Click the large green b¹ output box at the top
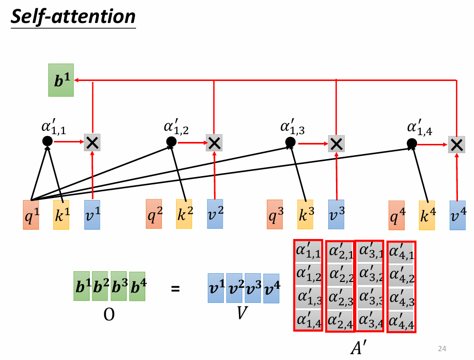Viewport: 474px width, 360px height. pyautogui.click(x=61, y=80)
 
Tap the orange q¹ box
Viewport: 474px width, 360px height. pyautogui.click(x=31, y=215)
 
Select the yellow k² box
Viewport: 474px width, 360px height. pyautogui.click(x=184, y=214)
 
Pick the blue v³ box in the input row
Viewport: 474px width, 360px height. pyautogui.click(x=336, y=214)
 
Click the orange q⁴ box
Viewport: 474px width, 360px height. pyautogui.click(x=396, y=215)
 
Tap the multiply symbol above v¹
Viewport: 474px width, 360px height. pyautogui.click(x=92, y=142)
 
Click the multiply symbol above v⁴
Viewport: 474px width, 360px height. pyautogui.click(x=456, y=144)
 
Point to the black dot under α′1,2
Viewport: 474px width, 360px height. pyautogui.click(x=171, y=141)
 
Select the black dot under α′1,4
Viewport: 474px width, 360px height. pyautogui.click(x=412, y=143)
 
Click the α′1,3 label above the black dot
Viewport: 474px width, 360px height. pyautogui.click(x=293, y=127)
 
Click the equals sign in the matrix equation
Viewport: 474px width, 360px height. pyautogui.click(x=176, y=289)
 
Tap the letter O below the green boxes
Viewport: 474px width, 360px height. pyautogui.click(x=109, y=314)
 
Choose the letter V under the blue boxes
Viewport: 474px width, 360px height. pyautogui.click(x=242, y=313)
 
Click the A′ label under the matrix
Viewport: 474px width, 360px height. pyautogui.click(x=359, y=347)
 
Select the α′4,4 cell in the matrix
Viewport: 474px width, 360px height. pyautogui.click(x=401, y=321)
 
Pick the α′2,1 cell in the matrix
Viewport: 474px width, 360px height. pyautogui.click(x=341, y=252)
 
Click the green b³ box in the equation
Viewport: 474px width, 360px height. pyautogui.click(x=119, y=286)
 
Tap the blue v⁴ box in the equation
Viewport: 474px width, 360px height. pyautogui.click(x=272, y=288)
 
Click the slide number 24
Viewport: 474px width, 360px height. pyautogui.click(x=442, y=349)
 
